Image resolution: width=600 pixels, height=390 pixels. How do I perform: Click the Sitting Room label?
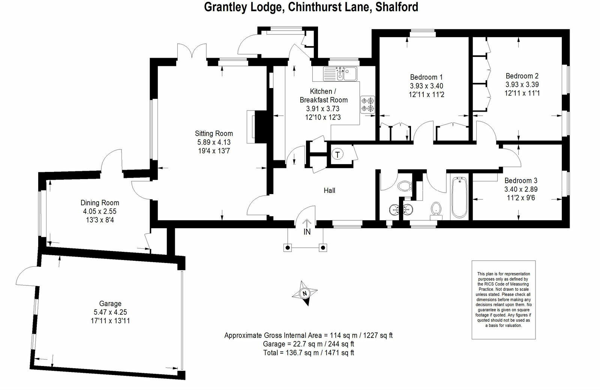(x=214, y=133)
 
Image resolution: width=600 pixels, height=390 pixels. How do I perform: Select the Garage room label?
(x=110, y=304)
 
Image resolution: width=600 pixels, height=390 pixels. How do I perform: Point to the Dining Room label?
(x=100, y=203)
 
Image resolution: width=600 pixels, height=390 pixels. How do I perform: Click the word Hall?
(x=329, y=190)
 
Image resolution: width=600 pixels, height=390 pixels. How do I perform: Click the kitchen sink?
(x=340, y=73)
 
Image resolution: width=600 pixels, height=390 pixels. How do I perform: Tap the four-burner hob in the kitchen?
(x=367, y=105)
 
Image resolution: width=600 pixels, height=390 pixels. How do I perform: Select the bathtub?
(x=459, y=198)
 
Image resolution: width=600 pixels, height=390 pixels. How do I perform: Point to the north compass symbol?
(x=304, y=293)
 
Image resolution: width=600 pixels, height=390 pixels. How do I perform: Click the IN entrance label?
(x=307, y=232)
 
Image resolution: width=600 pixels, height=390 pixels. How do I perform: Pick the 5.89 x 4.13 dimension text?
(x=214, y=142)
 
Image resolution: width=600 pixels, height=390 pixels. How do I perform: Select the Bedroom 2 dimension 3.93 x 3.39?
(x=522, y=85)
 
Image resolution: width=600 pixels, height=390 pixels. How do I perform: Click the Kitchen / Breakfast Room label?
(x=323, y=96)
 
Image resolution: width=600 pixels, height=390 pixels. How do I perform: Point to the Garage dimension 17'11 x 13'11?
(x=110, y=321)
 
